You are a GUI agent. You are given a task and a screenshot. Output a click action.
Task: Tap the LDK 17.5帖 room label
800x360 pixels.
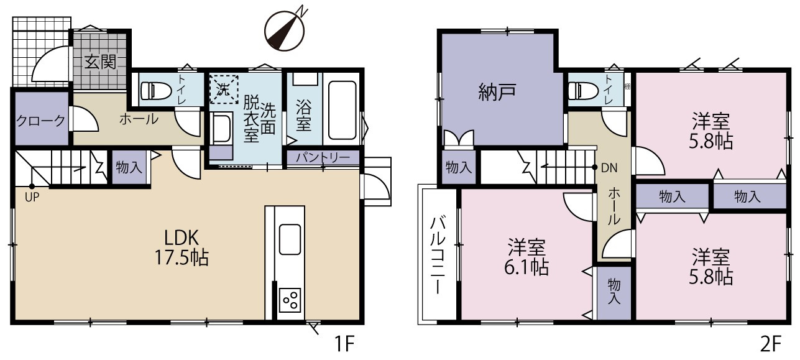pos(182,247)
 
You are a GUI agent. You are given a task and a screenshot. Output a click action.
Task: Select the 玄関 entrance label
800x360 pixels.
pos(101,62)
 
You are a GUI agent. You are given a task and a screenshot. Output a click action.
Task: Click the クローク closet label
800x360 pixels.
pos(40,121)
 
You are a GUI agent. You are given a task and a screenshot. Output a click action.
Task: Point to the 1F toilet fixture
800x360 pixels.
pos(156,91)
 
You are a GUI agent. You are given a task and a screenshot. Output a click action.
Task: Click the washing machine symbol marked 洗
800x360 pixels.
pos(224,90)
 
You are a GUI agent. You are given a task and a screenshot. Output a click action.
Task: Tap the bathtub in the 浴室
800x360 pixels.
pos(342,110)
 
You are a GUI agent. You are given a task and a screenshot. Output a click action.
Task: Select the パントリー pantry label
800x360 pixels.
pos(323,157)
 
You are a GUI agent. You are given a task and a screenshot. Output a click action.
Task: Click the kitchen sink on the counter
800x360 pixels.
pos(290,239)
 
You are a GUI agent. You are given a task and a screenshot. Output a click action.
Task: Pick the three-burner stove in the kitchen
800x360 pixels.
pos(290,300)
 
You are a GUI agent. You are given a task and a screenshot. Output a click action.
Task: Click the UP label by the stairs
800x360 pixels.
pos(32,196)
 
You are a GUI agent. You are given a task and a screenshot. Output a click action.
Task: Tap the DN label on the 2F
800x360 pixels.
pos(609,168)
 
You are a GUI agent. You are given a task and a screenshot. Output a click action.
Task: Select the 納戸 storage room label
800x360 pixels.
pos(497,92)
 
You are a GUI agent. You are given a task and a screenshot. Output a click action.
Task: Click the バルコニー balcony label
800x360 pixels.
pos(437,255)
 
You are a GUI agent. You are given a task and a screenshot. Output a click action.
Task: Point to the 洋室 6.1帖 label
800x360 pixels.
pos(526,257)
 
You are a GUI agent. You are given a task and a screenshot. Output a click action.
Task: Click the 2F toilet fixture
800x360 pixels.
pos(583,91)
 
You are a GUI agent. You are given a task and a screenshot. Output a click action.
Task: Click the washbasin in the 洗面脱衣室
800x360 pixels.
pos(221,128)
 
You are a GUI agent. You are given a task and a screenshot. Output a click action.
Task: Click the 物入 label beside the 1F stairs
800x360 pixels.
pos(129,167)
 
